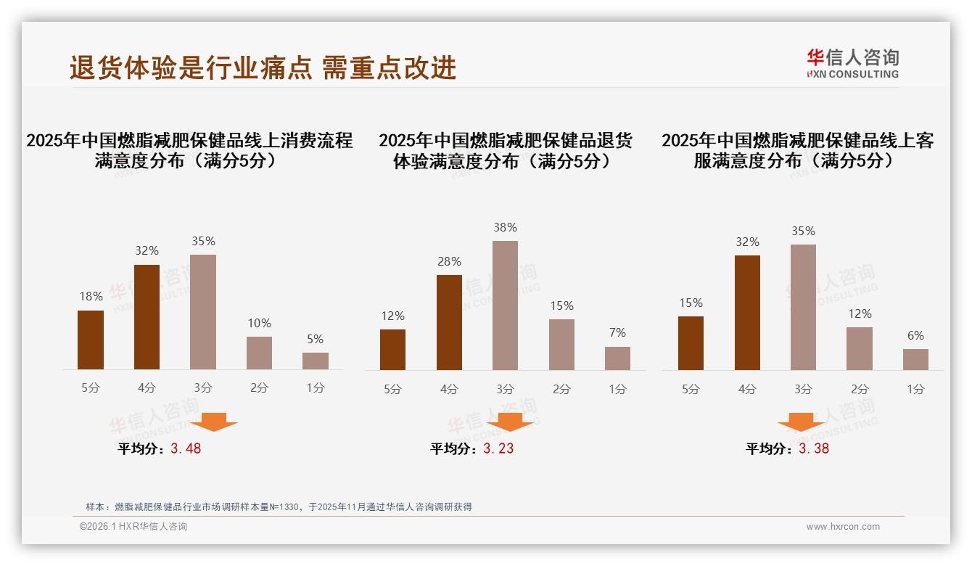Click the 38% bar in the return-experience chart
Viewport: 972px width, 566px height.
tap(505, 305)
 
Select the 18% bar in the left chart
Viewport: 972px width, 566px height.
tap(91, 340)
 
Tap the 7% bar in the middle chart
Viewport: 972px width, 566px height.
tap(617, 358)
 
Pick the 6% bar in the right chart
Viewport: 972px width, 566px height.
tap(915, 360)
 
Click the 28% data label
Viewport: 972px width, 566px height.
tap(449, 261)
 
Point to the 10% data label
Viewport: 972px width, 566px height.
tap(259, 323)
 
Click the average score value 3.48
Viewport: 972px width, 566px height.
tap(186, 448)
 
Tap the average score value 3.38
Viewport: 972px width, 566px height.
tap(814, 448)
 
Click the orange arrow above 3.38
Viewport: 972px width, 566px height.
tap(801, 422)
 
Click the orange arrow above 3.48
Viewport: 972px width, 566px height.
tap(214, 422)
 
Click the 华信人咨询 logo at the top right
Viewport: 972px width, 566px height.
tap(852, 63)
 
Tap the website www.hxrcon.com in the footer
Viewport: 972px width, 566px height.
tap(843, 527)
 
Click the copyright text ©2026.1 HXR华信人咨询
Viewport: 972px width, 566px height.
tap(133, 527)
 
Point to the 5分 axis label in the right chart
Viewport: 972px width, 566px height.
tap(691, 389)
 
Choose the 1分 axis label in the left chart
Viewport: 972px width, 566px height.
tap(316, 387)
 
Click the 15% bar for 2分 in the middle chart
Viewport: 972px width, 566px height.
tap(561, 345)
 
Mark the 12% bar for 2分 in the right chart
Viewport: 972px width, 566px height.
tap(860, 348)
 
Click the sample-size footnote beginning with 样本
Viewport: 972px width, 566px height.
tap(279, 506)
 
